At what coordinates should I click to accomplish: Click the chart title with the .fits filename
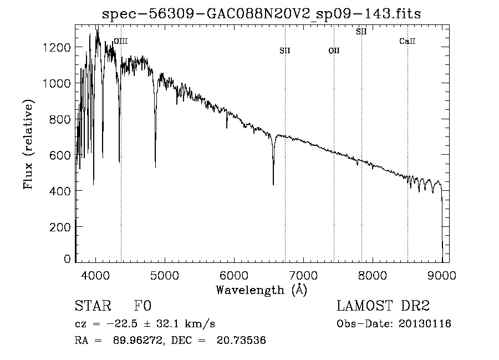click(261, 14)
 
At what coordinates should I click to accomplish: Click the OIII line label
click(121, 41)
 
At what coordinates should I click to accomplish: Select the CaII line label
click(408, 41)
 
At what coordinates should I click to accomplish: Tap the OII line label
click(334, 50)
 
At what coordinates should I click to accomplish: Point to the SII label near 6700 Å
click(285, 50)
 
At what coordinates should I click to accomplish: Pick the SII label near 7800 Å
click(361, 32)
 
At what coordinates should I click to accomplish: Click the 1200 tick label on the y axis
click(56, 48)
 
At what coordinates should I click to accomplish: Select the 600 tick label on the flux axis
click(59, 155)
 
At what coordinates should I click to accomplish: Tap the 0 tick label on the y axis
click(67, 258)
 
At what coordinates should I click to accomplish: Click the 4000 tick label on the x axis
click(95, 275)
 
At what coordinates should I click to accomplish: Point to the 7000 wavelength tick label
click(303, 275)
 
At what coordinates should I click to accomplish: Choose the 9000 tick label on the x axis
click(442, 275)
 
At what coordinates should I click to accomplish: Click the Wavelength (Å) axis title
click(262, 290)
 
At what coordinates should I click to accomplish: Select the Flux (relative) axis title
click(28, 144)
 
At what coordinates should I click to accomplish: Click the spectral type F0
click(142, 306)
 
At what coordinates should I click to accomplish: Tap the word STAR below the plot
click(93, 306)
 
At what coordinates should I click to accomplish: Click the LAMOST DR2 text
click(383, 306)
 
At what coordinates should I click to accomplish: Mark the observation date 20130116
click(425, 324)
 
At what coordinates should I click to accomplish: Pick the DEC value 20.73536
click(241, 340)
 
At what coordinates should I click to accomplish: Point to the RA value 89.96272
click(139, 340)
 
